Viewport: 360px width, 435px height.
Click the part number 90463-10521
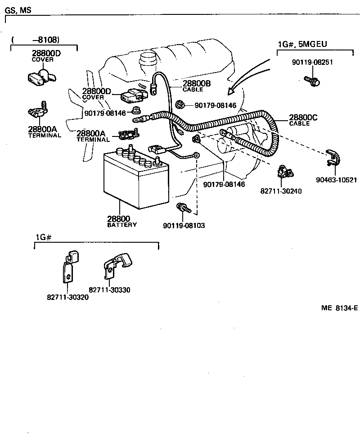[336, 180]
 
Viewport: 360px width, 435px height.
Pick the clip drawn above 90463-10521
[333, 158]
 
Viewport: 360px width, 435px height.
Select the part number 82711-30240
[281, 191]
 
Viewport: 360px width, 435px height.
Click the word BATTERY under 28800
[122, 225]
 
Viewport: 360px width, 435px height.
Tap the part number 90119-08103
[184, 225]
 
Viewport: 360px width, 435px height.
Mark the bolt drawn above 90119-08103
[184, 208]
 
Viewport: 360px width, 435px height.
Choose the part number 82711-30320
[67, 297]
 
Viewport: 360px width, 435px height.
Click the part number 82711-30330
[109, 290]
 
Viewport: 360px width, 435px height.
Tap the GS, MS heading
[18, 9]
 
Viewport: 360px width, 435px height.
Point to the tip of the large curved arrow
[229, 93]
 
